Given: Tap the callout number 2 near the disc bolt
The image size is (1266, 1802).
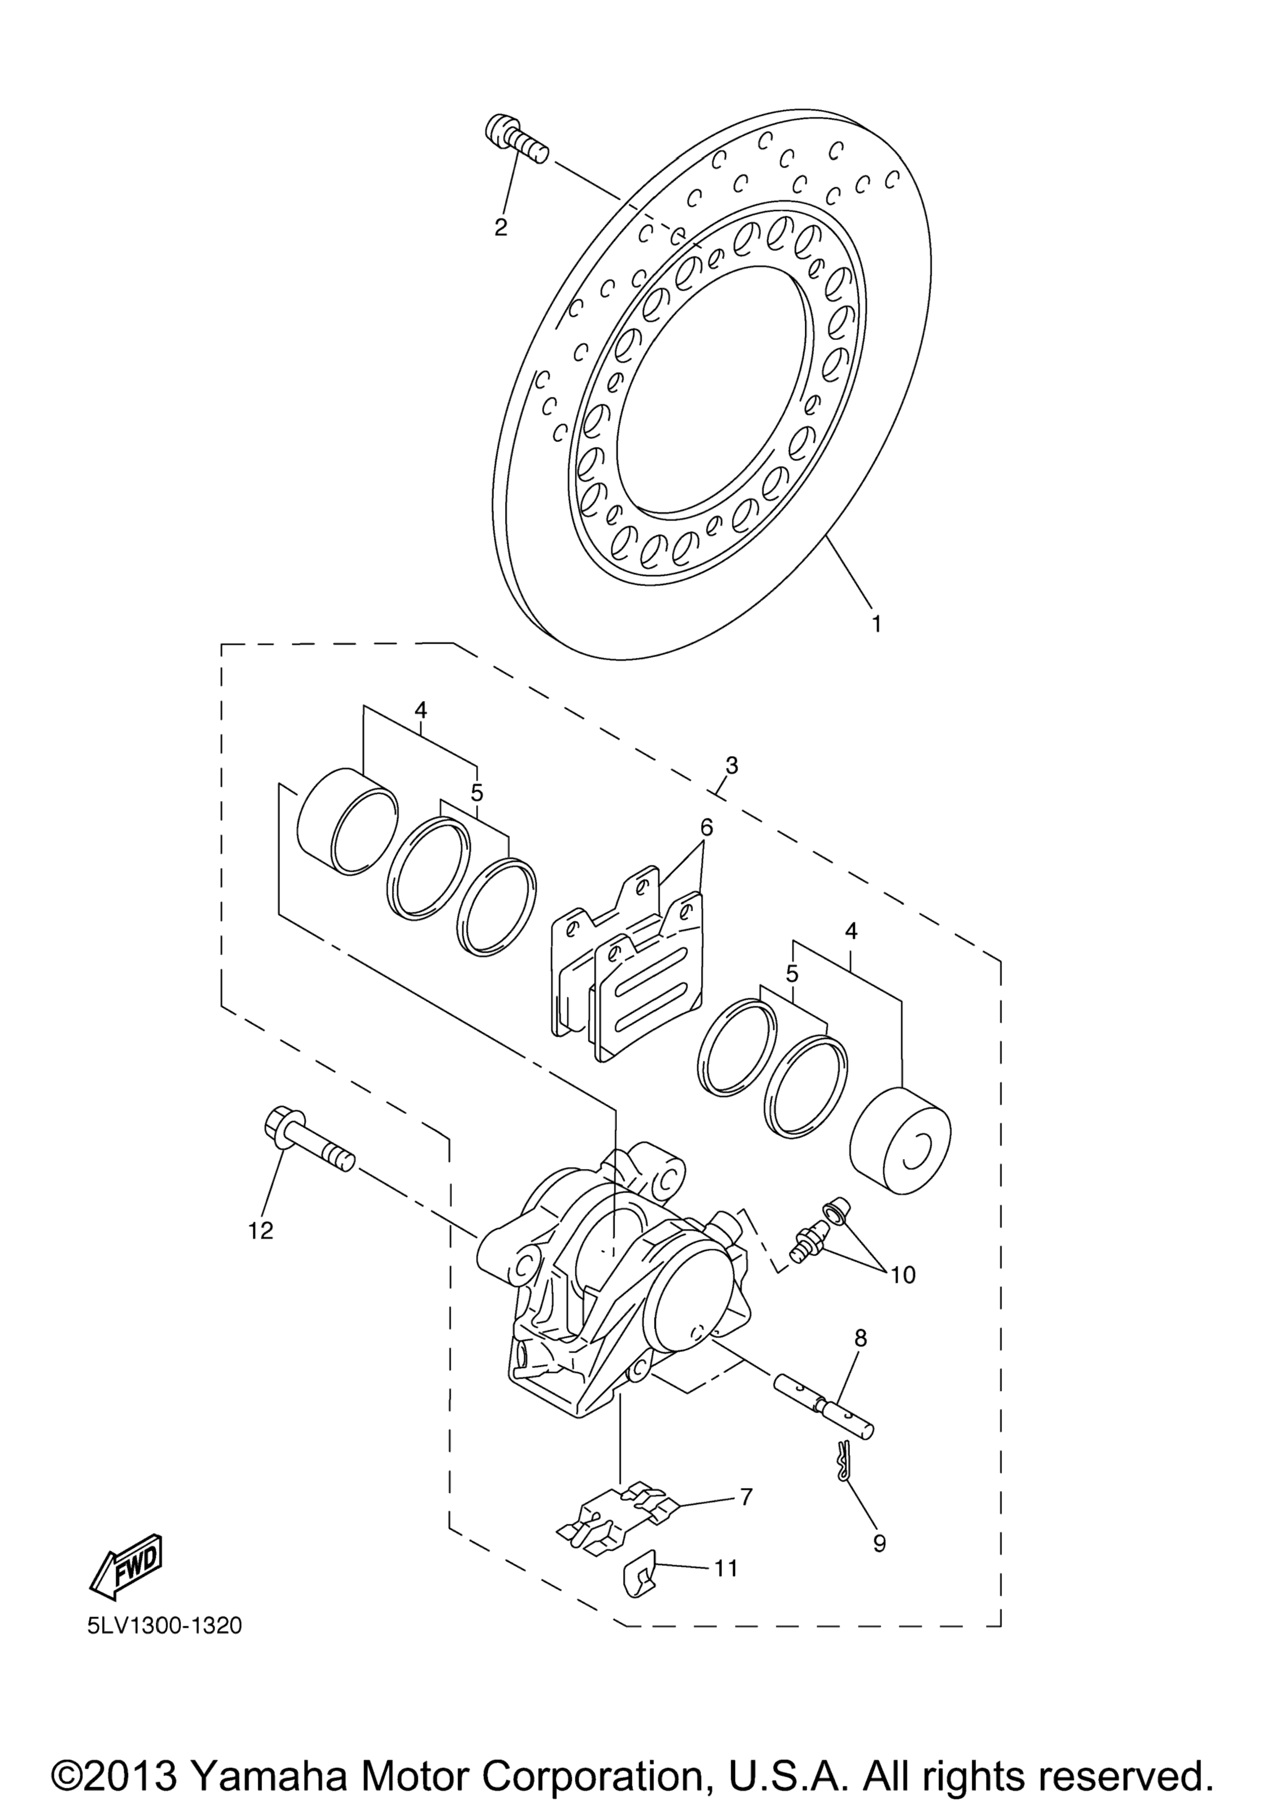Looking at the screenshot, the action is point(501,227).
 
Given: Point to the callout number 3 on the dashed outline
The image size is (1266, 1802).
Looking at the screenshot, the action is point(731,765).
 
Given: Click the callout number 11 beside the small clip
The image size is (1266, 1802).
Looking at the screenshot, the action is point(726,1568).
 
